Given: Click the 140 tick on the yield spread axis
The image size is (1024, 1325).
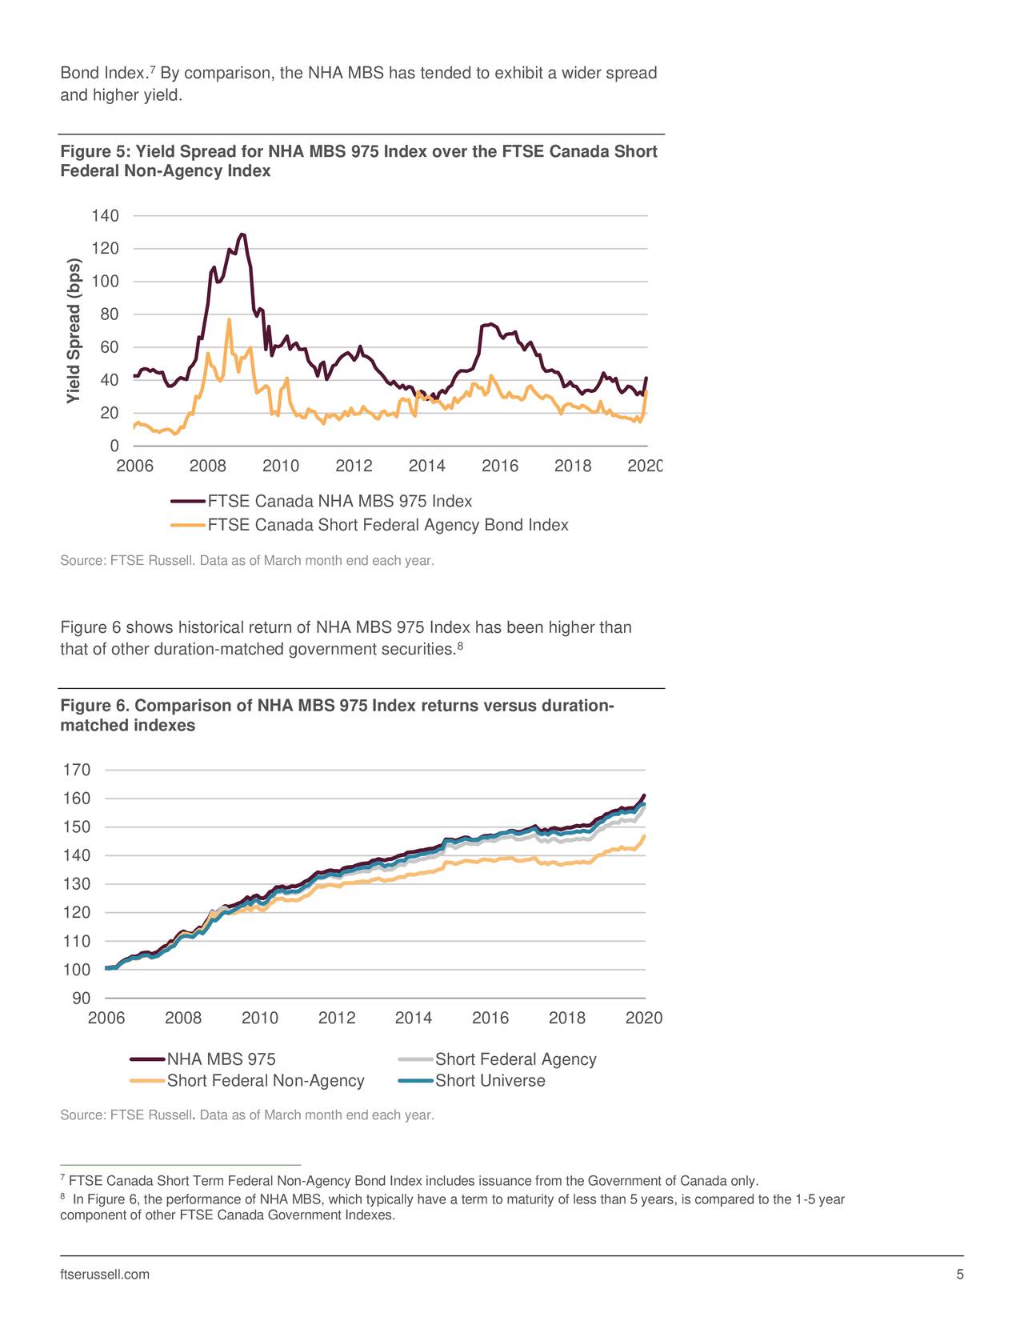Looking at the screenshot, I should click(x=105, y=216).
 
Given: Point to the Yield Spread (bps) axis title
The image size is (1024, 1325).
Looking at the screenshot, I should click(x=74, y=331).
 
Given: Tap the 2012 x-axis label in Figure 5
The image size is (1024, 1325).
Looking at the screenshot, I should click(x=354, y=466).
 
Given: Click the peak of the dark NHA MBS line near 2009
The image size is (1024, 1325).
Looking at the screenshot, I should click(x=242, y=234).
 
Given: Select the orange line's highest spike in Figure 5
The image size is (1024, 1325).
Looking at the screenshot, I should click(x=229, y=319).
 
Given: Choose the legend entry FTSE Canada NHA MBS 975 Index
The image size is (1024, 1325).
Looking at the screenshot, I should click(x=339, y=502).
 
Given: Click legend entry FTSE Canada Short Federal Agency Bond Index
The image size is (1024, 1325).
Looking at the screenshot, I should click(x=387, y=525).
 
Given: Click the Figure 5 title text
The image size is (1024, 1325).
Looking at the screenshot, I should click(x=358, y=161).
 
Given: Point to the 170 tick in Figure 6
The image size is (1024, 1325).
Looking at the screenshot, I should click(x=77, y=770).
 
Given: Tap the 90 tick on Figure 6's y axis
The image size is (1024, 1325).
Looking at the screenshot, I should click(x=82, y=998).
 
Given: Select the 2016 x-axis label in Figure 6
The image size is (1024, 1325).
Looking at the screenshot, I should click(x=490, y=1018).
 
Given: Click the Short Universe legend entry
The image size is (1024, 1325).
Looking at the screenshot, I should click(x=490, y=1080).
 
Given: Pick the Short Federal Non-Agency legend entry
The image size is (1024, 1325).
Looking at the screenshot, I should click(x=265, y=1080).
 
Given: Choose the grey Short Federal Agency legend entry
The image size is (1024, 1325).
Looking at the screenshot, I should click(x=515, y=1059).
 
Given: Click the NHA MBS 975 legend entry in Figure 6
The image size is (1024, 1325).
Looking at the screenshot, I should click(x=221, y=1059).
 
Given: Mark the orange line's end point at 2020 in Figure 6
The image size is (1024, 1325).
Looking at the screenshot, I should click(x=644, y=836).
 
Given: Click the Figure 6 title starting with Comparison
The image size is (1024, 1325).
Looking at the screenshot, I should click(x=337, y=715).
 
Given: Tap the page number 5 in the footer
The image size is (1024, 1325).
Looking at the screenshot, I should click(x=960, y=1275).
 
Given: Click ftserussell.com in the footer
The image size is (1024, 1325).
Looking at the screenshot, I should click(x=105, y=1275).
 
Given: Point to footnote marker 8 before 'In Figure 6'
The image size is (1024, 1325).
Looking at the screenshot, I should click(x=63, y=1197).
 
